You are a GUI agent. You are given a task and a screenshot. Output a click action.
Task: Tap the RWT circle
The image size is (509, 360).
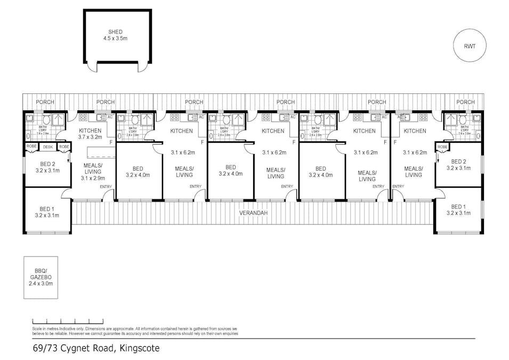point(470,46)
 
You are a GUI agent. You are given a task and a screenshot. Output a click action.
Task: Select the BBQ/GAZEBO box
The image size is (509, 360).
point(41,277)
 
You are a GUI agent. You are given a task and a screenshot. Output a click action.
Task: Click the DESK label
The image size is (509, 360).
point(48,147)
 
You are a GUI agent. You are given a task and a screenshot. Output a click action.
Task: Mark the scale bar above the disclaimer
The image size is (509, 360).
point(60,322)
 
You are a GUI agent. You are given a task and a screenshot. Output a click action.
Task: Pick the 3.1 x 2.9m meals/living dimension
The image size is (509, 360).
point(93,178)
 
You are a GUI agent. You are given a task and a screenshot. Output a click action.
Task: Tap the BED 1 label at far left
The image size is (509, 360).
point(47,209)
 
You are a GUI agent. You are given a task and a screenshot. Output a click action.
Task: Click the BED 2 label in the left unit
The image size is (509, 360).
point(47,164)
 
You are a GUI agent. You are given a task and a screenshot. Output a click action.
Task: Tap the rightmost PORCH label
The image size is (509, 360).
point(465,102)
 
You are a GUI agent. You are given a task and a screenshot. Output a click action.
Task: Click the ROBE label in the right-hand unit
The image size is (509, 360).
point(442,147)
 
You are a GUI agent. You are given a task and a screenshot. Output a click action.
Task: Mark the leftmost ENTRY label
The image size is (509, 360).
point(106,186)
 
